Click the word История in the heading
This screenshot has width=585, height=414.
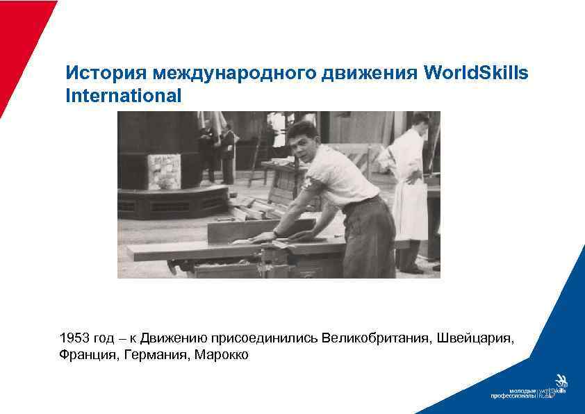[x=106, y=73]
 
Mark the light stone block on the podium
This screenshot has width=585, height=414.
[x=164, y=171]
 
